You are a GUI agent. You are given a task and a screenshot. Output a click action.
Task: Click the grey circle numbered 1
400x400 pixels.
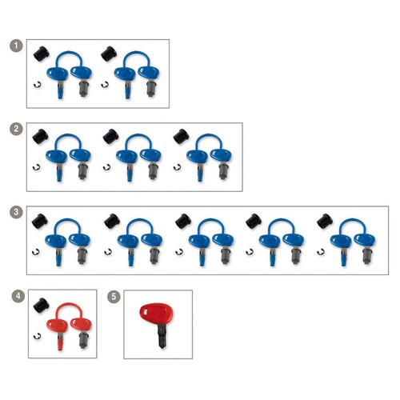point(16,46)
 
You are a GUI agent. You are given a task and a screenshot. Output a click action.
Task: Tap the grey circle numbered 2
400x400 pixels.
point(16,129)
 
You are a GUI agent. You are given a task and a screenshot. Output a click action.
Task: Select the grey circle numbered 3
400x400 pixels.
point(16,212)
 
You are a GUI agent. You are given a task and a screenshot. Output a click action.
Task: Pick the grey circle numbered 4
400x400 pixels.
point(18,296)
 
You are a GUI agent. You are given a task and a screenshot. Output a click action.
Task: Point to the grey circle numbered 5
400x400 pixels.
point(114,297)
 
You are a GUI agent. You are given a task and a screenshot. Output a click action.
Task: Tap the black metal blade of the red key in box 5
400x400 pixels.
point(162,336)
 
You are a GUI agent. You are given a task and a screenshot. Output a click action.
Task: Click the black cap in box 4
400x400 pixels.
point(41,306)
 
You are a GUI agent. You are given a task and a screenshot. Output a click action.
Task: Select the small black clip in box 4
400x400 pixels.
point(37,336)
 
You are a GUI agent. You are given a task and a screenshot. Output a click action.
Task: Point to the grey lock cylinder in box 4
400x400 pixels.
point(84,339)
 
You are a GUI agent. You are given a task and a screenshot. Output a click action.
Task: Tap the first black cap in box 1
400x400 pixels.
point(42,54)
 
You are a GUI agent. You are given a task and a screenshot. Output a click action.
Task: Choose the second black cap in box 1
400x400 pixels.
point(109,54)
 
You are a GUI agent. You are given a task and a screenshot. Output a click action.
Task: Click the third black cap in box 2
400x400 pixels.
point(181,136)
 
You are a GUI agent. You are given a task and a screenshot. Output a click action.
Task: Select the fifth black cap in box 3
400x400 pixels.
point(325,221)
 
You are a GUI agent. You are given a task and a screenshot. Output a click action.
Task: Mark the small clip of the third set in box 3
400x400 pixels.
point(179,251)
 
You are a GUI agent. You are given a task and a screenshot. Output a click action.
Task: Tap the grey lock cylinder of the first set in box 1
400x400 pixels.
point(84,88)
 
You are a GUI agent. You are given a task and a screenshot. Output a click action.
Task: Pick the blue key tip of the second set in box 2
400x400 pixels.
point(130,175)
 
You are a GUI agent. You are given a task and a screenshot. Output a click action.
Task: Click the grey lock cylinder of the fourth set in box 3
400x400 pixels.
point(296,256)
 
